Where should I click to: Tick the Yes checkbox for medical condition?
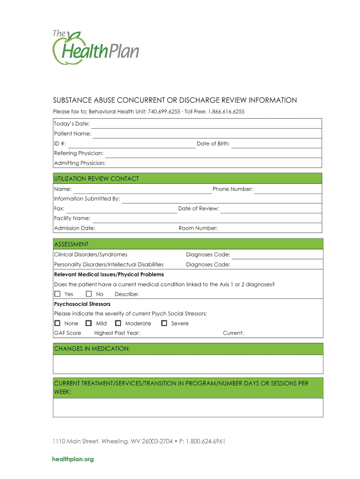pyautogui.click(x=58, y=294)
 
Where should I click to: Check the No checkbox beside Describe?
pyautogui.click(x=89, y=294)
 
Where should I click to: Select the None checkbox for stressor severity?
pyautogui.click(x=58, y=323)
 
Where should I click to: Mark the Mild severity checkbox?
pyautogui.click(x=88, y=323)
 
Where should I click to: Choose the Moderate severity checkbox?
pyautogui.click(x=118, y=323)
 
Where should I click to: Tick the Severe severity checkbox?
pyautogui.click(x=164, y=323)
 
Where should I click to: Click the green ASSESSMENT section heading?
pyautogui.click(x=72, y=244)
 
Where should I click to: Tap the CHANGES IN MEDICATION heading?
pyautogui.click(x=92, y=349)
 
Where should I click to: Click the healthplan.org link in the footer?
pyautogui.click(x=73, y=459)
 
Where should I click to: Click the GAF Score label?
pyautogui.click(x=68, y=333)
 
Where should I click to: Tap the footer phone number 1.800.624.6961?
pyautogui.click(x=205, y=441)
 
